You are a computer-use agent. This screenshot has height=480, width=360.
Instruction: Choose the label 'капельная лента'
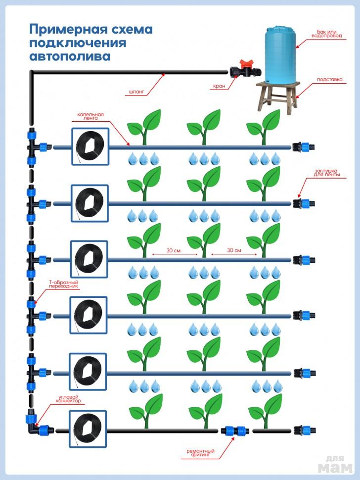point(90,117)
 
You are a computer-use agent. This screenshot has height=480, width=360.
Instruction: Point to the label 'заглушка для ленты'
point(327,173)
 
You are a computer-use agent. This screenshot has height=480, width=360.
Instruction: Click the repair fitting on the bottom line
point(236,431)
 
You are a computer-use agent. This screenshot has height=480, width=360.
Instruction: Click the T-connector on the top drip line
point(36,146)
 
